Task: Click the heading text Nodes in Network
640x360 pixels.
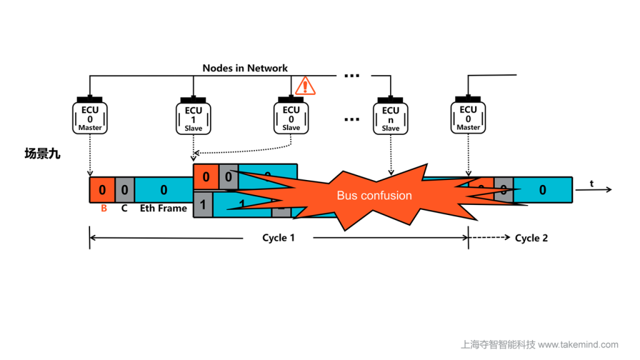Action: [x=245, y=67]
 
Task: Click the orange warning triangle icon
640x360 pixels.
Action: [x=305, y=86]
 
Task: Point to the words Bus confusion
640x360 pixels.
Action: [x=374, y=196]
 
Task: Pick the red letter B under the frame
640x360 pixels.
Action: [x=104, y=208]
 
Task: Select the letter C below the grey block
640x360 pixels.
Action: [x=124, y=208]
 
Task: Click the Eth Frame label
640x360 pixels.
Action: [x=163, y=208]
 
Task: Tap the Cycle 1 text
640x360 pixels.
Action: [x=278, y=238]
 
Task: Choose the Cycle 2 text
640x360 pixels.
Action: [x=531, y=238]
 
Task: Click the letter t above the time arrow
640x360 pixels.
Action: [x=591, y=183]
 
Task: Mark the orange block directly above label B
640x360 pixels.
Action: [x=102, y=189]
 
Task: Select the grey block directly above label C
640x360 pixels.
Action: [x=124, y=189]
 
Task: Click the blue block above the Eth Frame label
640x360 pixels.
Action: [x=164, y=189]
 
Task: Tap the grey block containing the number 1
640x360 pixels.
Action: [x=202, y=204]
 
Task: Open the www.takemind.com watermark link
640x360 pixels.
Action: [x=578, y=344]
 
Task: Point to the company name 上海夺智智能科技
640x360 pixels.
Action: [x=497, y=344]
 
